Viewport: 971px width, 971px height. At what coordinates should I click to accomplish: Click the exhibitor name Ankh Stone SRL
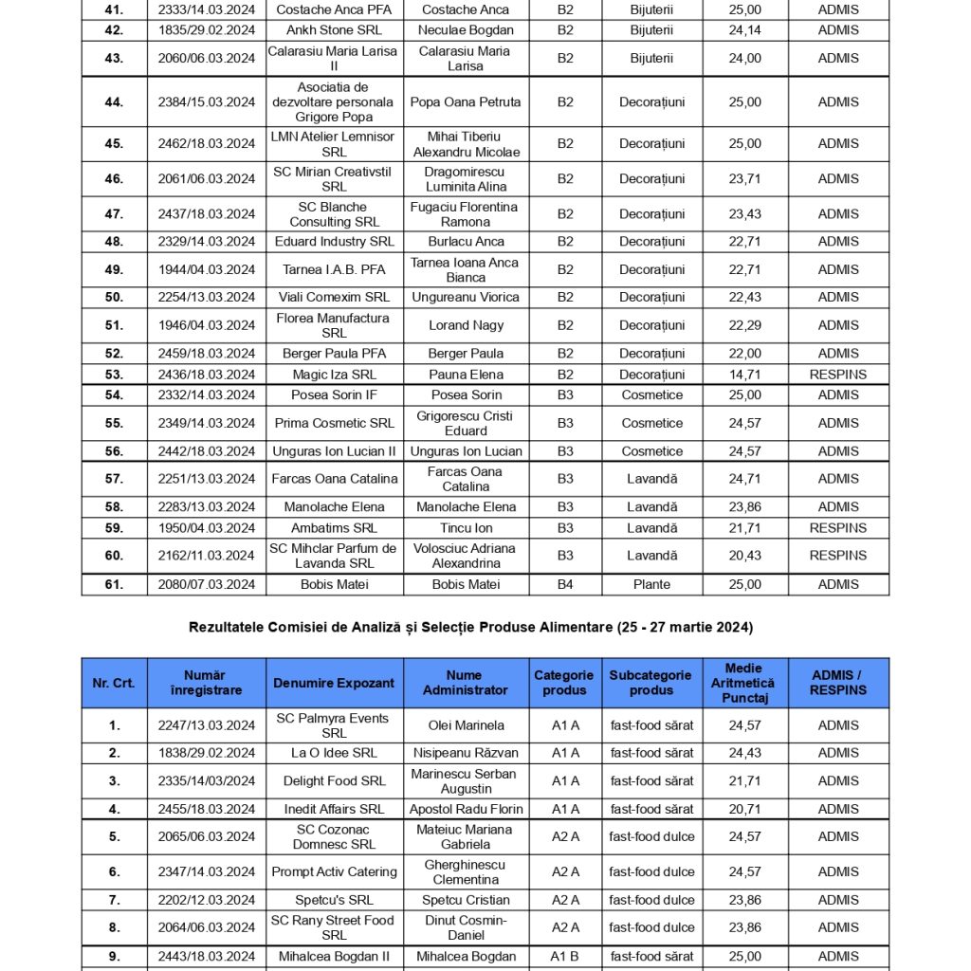coord(334,29)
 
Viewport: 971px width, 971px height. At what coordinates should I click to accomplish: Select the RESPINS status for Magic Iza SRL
coord(838,375)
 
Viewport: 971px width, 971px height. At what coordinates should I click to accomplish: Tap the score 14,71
coord(744,375)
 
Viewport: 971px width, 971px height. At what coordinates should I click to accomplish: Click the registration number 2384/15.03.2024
coord(207,102)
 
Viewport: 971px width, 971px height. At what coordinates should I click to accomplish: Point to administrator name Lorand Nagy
coord(466,325)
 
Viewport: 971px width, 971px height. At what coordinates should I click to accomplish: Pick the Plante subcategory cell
coord(651,584)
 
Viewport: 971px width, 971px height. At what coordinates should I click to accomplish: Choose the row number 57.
coord(114,479)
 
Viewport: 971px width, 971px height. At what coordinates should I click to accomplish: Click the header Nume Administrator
coord(466,683)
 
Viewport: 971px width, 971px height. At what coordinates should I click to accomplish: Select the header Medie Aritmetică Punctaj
coord(743,683)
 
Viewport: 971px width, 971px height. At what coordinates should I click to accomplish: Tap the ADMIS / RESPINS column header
coord(838,683)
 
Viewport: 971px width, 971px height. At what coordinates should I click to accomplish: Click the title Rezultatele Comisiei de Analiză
coord(470,627)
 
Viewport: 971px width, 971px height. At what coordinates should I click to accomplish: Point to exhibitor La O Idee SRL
coord(334,753)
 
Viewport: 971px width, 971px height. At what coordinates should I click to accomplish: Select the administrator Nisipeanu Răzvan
coord(466,753)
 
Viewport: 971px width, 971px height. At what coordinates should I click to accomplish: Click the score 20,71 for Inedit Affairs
coord(744,809)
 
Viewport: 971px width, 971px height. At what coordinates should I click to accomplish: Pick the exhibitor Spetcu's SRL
coord(334,900)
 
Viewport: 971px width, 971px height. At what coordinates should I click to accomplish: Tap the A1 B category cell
coord(565,957)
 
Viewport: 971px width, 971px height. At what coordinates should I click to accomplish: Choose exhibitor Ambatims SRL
coord(334,527)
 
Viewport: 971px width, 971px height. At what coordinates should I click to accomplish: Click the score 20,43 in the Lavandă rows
coord(744,556)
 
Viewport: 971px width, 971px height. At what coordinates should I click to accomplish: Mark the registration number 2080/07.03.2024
coord(207,584)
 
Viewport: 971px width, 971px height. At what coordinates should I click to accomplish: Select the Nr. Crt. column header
coord(114,683)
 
